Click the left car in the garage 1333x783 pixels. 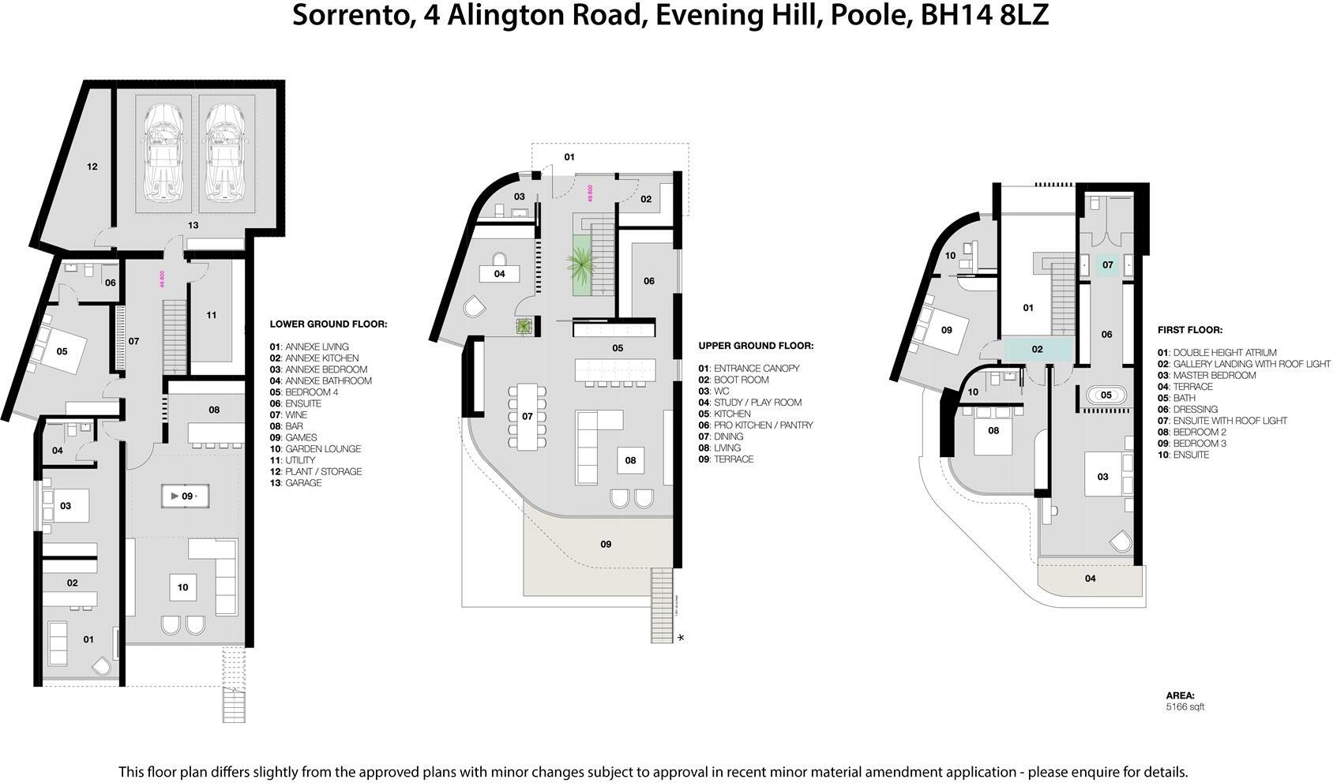click(x=163, y=152)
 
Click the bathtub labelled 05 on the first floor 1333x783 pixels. click(x=1106, y=395)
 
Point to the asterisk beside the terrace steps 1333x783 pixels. click(x=681, y=637)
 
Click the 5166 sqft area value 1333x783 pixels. click(x=1185, y=707)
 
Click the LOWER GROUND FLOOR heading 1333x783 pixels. click(x=328, y=324)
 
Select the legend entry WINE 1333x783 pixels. click(x=296, y=415)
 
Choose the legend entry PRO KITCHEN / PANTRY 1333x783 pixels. click(x=763, y=425)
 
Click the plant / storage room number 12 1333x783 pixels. click(x=92, y=167)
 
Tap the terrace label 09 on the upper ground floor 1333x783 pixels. click(x=606, y=544)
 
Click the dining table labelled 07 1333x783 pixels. click(x=527, y=416)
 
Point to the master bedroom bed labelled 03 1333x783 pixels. click(x=1104, y=475)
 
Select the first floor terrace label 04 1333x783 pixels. click(x=1090, y=579)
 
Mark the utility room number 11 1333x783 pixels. click(x=212, y=316)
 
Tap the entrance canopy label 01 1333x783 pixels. click(x=569, y=157)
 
